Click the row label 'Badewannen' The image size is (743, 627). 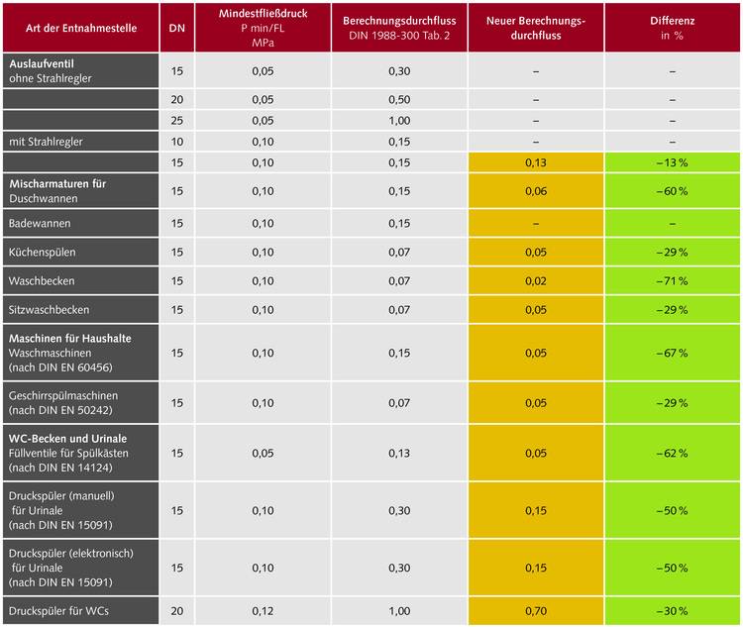(40, 224)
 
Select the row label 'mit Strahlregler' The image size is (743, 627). (47, 142)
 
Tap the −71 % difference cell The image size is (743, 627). (673, 281)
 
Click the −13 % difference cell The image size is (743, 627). (673, 162)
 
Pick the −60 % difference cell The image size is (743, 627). (673, 191)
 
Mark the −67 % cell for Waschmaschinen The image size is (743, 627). (673, 353)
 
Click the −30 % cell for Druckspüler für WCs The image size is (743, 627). (673, 611)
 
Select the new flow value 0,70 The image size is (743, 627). (535, 611)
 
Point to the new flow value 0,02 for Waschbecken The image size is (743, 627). (535, 281)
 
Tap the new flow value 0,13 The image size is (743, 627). (535, 162)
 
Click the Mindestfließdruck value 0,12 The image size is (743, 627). (263, 611)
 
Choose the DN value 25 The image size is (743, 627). (176, 121)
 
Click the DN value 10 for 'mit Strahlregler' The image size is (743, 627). (176, 142)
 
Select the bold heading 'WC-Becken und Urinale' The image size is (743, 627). (68, 438)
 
